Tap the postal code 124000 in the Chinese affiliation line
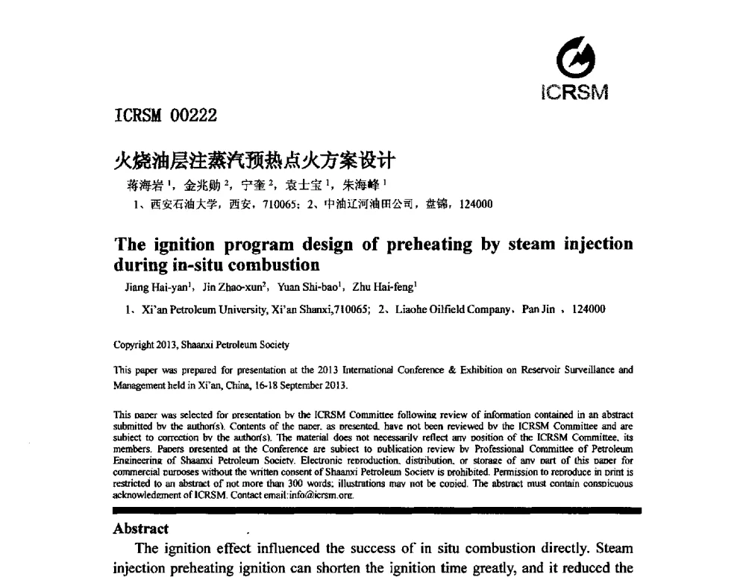pos(477,204)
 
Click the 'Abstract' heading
pos(140,529)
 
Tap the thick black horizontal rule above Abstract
pos(376,511)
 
